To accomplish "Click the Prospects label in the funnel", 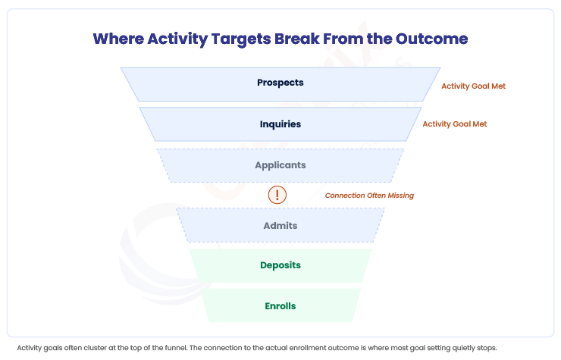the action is [280, 83].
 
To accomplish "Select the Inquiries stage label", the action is [280, 124].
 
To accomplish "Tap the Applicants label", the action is [280, 165].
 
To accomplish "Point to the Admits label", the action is [280, 225].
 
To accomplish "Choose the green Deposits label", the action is [280, 265].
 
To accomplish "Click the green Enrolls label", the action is [280, 306].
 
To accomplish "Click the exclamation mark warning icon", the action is [277, 195].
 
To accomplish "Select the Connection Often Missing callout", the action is [369, 196].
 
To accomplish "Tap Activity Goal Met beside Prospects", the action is [473, 86].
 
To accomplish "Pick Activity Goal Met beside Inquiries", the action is [455, 124].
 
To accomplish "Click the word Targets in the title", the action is [241, 39].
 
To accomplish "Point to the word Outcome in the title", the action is [431, 39].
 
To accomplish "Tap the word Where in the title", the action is [118, 39].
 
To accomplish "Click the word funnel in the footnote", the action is [176, 348].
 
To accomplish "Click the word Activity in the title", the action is [177, 39].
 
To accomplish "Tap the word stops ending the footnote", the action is [487, 348].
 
